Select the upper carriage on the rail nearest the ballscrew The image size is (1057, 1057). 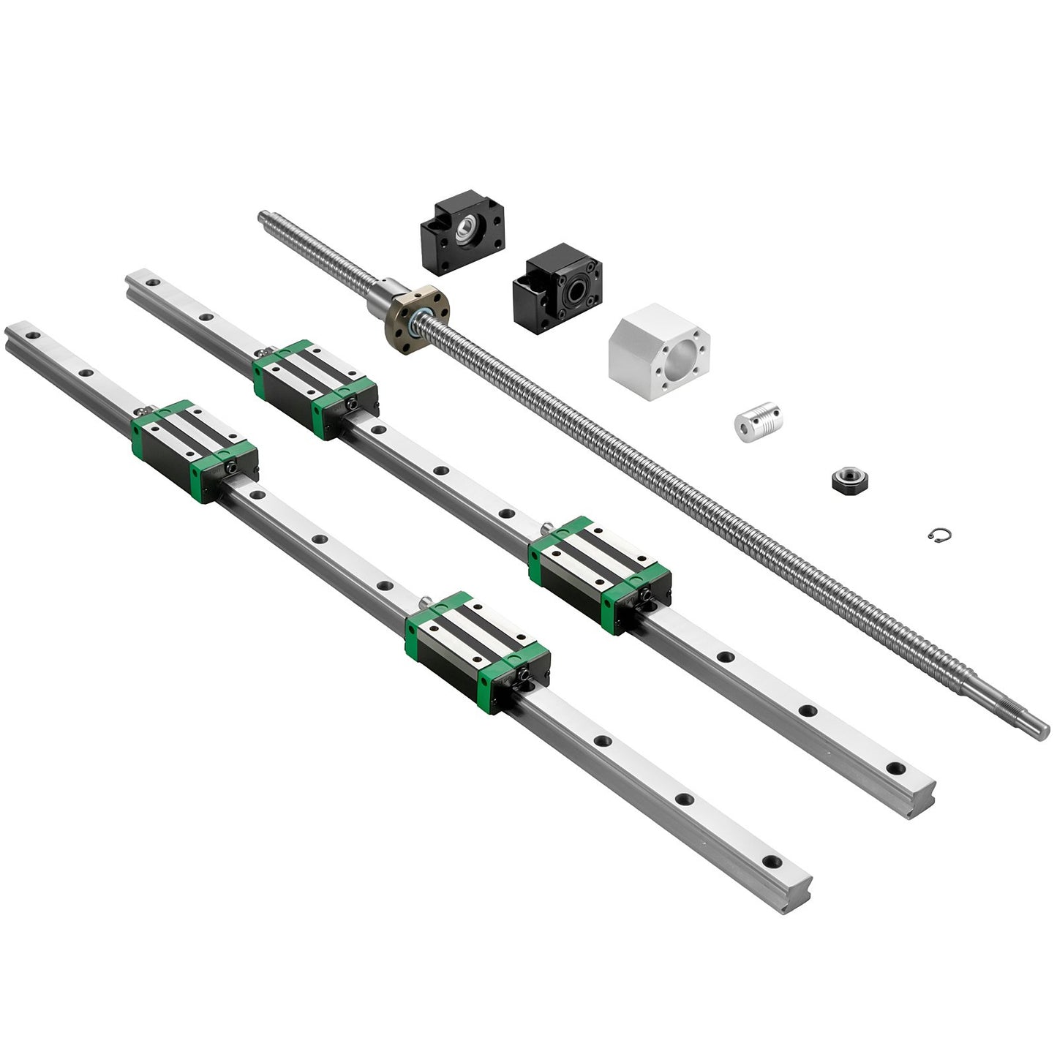click(x=315, y=388)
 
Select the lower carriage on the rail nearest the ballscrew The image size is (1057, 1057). click(x=598, y=574)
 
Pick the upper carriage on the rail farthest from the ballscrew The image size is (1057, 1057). click(x=194, y=451)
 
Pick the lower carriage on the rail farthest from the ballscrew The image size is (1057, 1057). click(x=477, y=652)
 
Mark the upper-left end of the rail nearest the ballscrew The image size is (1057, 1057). click(x=136, y=281)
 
